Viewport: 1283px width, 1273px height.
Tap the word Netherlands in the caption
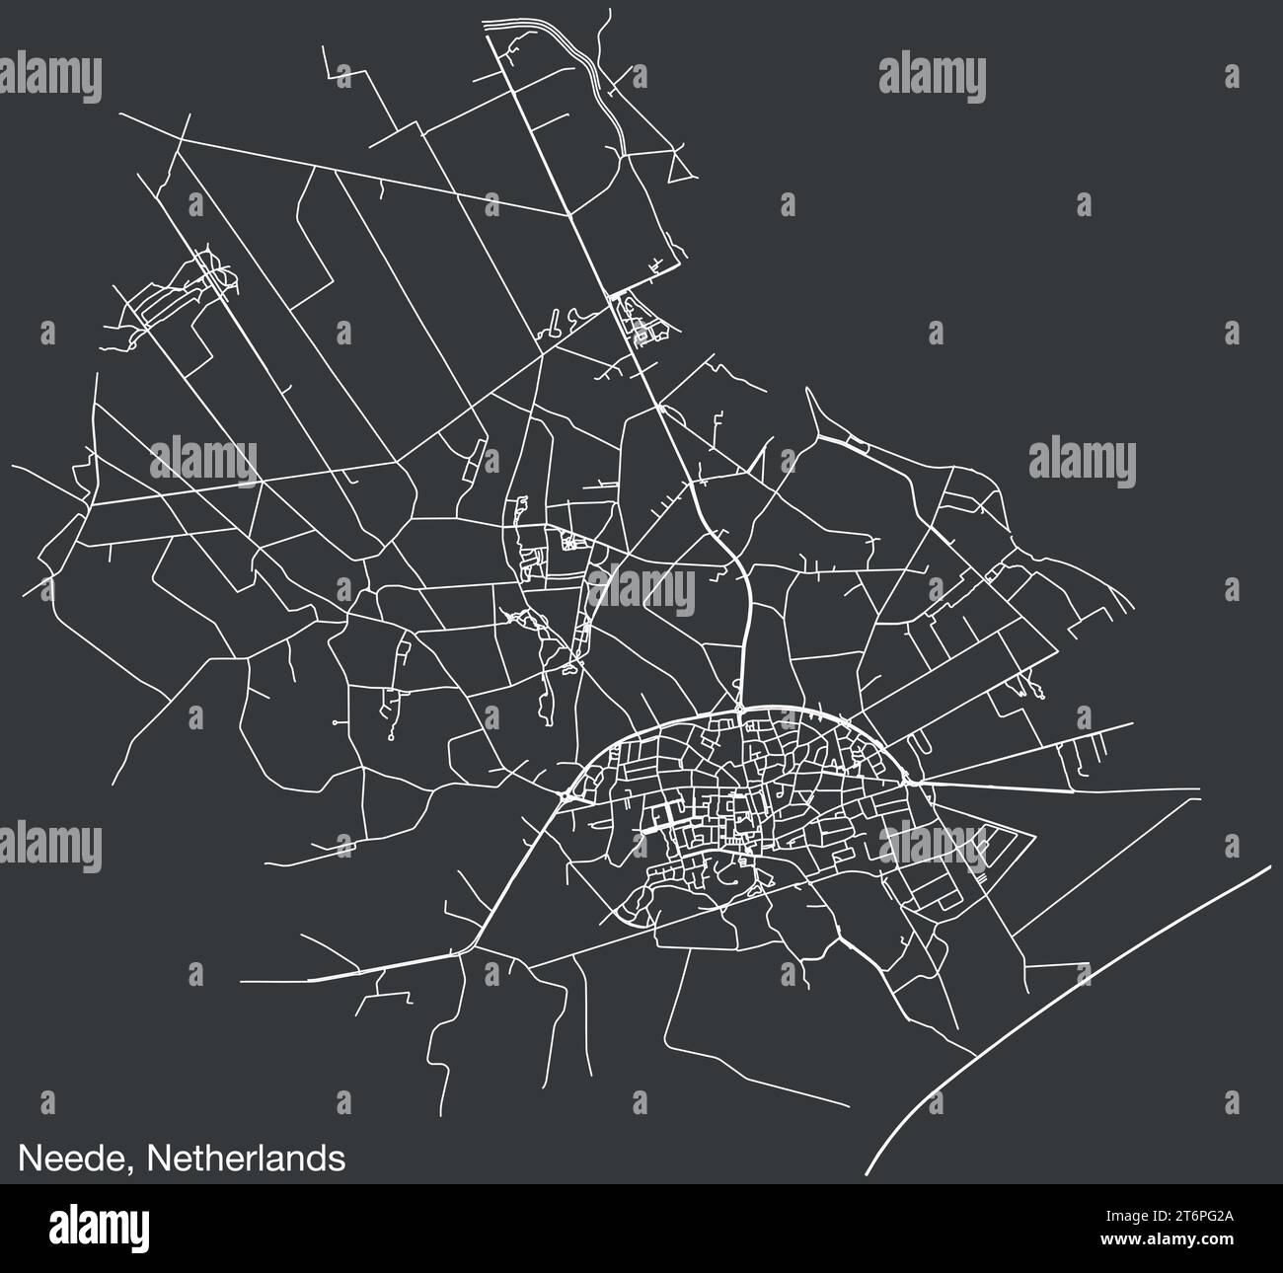(x=246, y=1158)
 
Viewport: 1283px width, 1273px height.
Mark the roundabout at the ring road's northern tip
(x=739, y=709)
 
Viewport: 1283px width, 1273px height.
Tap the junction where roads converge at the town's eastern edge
(x=922, y=781)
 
